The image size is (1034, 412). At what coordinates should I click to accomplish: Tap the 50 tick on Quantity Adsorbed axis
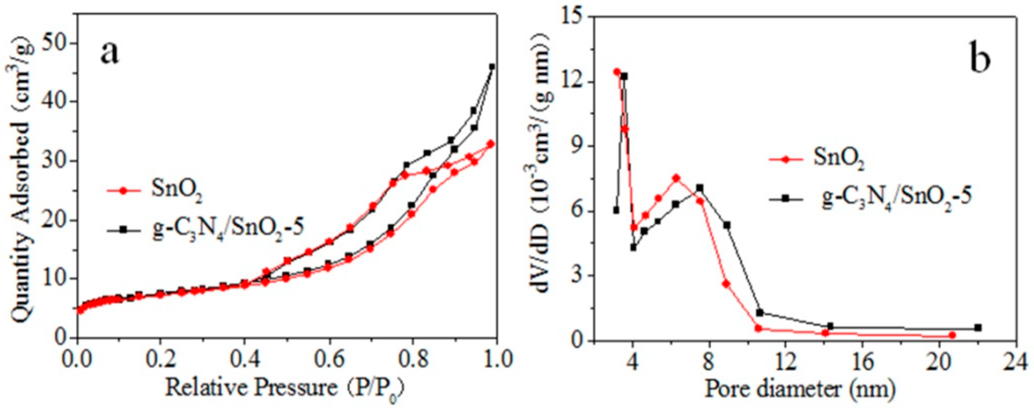tap(55, 43)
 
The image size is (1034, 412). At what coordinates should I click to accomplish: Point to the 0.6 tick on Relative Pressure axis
tap(329, 358)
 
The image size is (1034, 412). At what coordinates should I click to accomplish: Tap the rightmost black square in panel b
tap(978, 328)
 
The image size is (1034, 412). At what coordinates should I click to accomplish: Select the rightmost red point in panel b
tap(952, 335)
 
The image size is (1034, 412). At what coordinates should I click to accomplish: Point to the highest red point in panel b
tap(617, 72)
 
